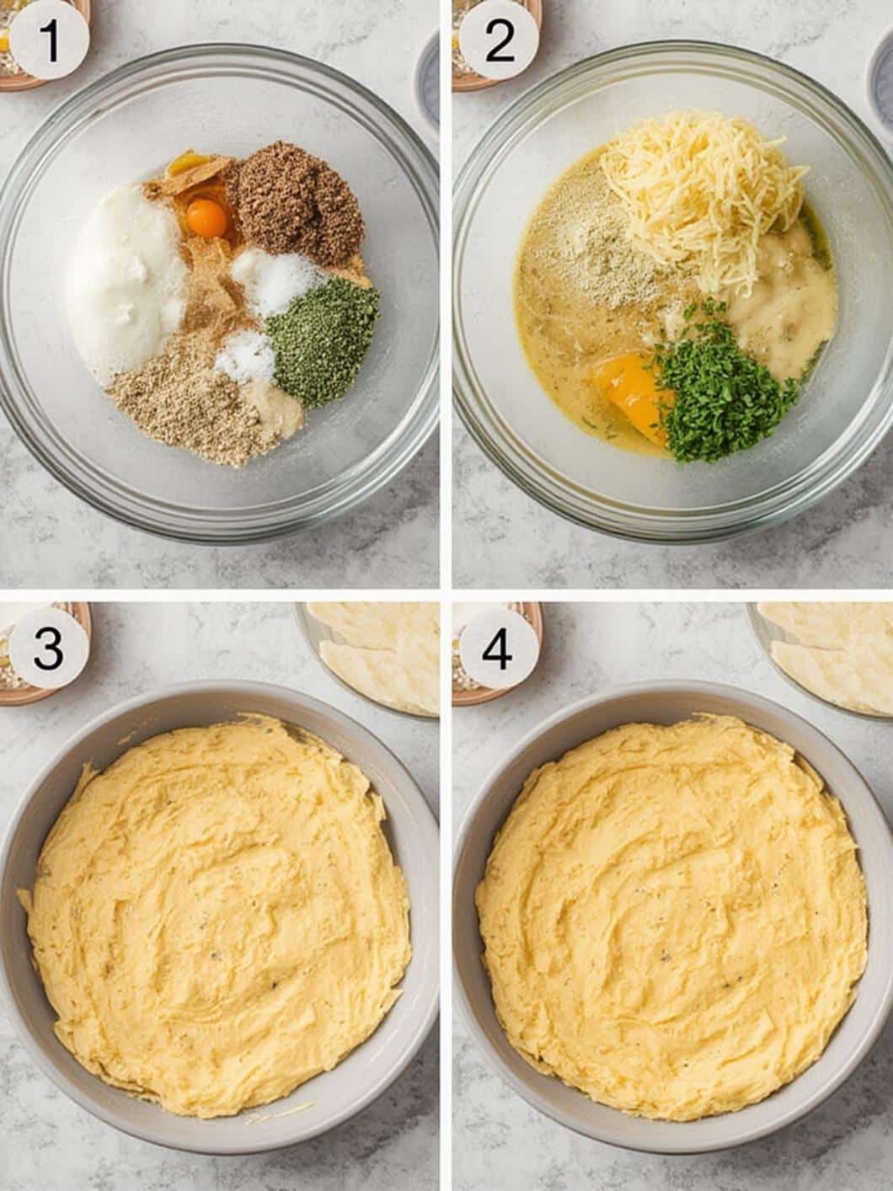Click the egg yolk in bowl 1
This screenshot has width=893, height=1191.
[208, 218]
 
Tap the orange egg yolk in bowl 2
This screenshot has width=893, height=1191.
[629, 392]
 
